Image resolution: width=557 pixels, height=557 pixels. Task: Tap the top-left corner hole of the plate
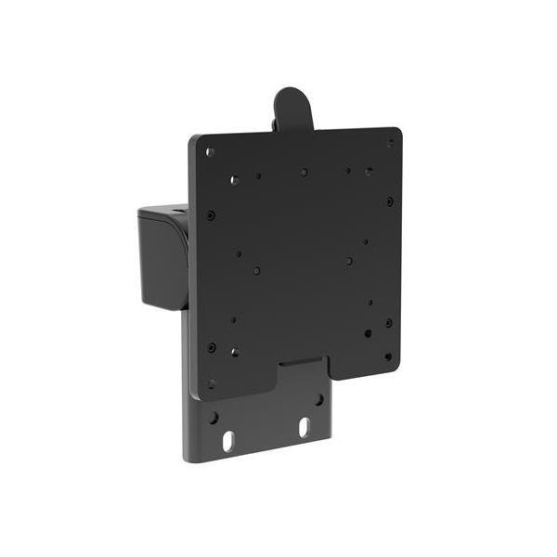[211, 152]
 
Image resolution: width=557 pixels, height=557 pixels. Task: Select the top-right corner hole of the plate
[390, 143]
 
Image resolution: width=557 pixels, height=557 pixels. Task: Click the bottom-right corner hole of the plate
[388, 356]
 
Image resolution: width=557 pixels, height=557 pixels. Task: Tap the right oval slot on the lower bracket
[304, 428]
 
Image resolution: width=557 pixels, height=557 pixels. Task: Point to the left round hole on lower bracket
[214, 417]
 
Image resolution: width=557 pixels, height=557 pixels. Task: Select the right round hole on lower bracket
[318, 399]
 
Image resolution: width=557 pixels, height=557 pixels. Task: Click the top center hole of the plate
[304, 172]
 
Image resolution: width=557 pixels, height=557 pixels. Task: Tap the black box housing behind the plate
[162, 255]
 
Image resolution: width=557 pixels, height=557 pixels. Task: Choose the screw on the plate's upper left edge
[211, 214]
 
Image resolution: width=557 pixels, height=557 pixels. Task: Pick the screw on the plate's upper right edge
[389, 201]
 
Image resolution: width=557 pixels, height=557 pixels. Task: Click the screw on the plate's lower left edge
[212, 347]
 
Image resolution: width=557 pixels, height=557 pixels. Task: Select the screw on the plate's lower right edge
[388, 322]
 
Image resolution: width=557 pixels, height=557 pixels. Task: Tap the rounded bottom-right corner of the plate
[395, 369]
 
